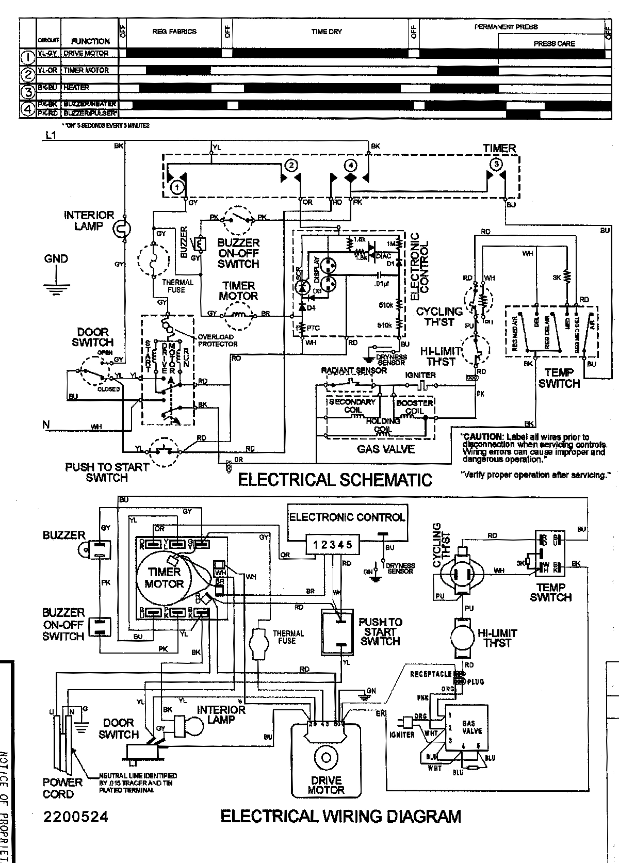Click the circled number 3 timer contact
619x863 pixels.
[x=496, y=165]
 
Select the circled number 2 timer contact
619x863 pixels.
[x=290, y=165]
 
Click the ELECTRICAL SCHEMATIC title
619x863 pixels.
[x=334, y=480]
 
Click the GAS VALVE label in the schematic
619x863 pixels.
[x=386, y=449]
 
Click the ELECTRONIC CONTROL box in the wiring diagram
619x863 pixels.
[x=347, y=517]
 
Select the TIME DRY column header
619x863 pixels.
[x=326, y=31]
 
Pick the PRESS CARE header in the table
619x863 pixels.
[x=554, y=44]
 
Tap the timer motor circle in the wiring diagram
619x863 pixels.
[x=164, y=578]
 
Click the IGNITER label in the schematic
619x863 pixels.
[x=420, y=375]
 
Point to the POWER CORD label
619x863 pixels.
[x=62, y=788]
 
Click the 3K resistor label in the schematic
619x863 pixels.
[x=557, y=278]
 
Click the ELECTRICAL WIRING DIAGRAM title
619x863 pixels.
[x=340, y=816]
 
